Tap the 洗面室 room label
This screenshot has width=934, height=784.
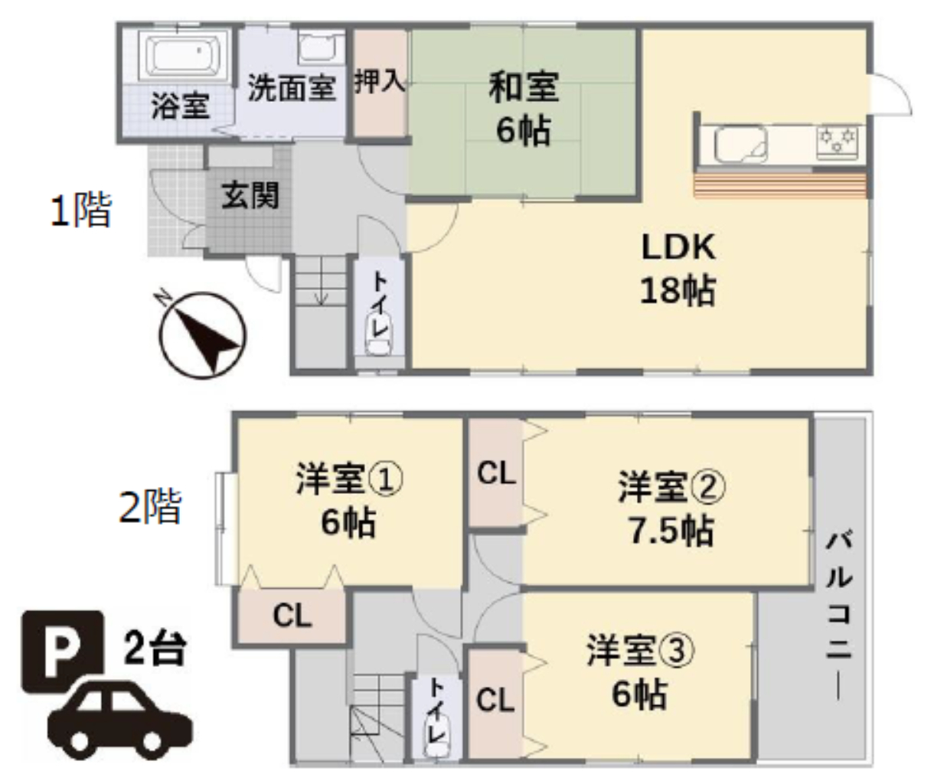pyautogui.click(x=292, y=88)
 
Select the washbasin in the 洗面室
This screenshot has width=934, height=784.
pyautogui.click(x=322, y=47)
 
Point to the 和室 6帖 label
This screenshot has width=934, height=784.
pyautogui.click(x=524, y=109)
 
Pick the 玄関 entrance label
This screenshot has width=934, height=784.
pyautogui.click(x=250, y=195)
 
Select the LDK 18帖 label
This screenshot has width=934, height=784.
pyautogui.click(x=678, y=269)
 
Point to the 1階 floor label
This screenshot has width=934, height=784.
pyautogui.click(x=80, y=210)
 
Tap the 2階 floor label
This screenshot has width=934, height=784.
pyautogui.click(x=150, y=506)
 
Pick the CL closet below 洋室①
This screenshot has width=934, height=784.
pyautogui.click(x=292, y=616)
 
